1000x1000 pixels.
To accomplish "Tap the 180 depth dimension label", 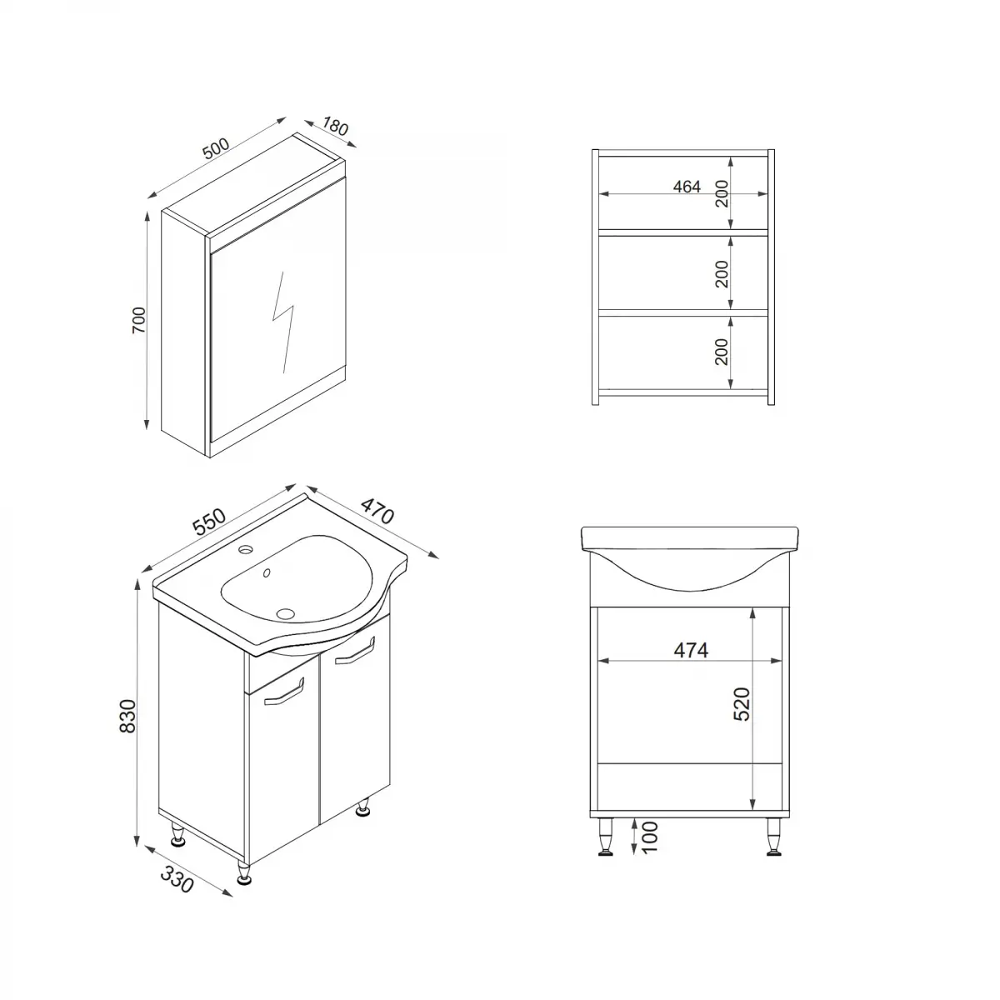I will pos(332,127).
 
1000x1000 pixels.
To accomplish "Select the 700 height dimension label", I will pos(138,320).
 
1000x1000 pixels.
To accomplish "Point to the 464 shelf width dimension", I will pos(687,187).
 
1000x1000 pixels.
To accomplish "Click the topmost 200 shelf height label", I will pos(722,193).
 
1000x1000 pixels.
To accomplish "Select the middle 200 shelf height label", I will pos(722,273).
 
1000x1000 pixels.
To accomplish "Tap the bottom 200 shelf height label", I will pos(722,352).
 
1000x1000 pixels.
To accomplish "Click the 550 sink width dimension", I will pos(209,522).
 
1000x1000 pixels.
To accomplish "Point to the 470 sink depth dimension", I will pos(377,510).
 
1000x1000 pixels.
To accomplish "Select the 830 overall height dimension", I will pos(127,716).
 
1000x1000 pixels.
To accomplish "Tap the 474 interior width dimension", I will pos(691,650).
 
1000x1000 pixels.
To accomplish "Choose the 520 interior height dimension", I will pos(742,704).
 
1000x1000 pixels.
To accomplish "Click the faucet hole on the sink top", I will pos(246,550).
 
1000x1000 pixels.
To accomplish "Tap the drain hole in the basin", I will pos(285,614).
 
